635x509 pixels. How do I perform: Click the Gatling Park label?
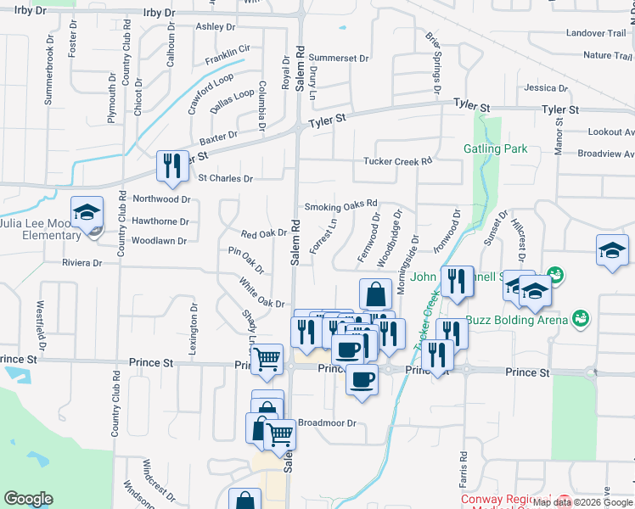(495, 148)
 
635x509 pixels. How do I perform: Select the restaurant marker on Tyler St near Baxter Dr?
(172, 167)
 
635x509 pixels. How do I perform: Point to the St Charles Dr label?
(225, 179)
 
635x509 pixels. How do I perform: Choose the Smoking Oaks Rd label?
(340, 206)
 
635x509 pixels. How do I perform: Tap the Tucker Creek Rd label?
(397, 160)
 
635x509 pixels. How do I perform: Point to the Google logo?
(28, 499)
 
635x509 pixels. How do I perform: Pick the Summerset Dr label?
(339, 59)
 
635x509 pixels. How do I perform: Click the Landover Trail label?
(594, 33)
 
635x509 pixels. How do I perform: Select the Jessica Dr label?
(546, 88)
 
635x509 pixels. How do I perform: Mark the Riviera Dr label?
(81, 263)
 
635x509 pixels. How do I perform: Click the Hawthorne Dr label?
(160, 221)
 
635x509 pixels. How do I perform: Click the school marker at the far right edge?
(612, 250)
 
